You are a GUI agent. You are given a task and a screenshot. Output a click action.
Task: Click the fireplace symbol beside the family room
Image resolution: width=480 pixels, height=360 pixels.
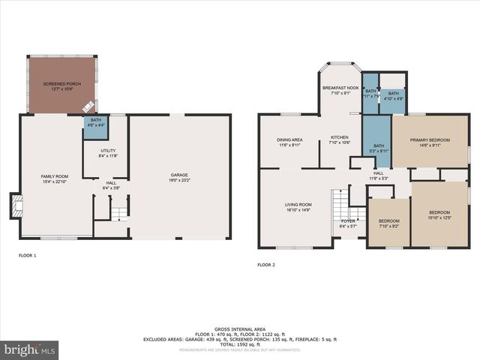[16, 205]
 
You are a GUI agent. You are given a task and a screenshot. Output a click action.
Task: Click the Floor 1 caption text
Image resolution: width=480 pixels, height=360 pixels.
[27, 256]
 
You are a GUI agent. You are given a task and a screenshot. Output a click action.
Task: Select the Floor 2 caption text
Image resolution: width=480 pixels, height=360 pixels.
[266, 265]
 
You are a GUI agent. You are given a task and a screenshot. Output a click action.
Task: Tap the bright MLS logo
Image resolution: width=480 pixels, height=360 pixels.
[30, 349]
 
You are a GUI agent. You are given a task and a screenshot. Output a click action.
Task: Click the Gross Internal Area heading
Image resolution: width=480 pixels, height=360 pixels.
[239, 328]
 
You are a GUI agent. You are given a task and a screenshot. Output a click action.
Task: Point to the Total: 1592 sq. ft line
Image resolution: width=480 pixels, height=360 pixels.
[239, 343]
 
